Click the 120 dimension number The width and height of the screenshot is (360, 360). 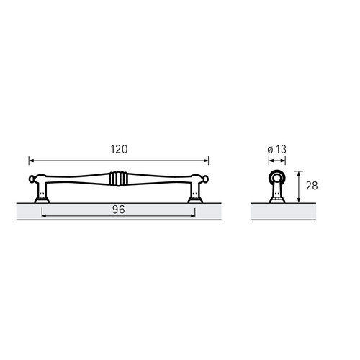pos(119,149)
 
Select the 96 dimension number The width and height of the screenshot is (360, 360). pos(119,210)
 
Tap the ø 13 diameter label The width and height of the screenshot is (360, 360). pos(276,150)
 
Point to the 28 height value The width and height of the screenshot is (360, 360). pos(312,186)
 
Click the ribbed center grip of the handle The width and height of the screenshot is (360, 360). pos(119,179)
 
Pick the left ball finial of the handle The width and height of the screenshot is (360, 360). pos(32,179)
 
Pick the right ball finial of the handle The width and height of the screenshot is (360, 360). pos(206,179)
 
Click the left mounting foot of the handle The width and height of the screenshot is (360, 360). pos(42,200)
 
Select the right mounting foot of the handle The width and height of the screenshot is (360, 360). pos(195,200)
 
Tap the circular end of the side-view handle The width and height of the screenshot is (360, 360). pos(277,178)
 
